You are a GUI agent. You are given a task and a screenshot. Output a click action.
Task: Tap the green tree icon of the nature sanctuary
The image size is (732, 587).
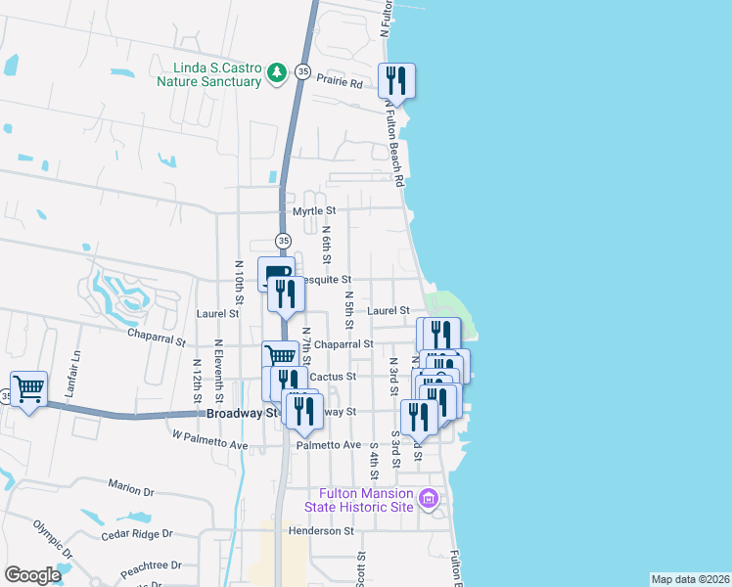point(278,71)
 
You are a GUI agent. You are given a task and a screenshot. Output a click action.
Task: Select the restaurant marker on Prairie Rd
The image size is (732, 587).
point(396,79)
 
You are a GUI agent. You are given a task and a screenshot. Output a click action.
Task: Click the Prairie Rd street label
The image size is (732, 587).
point(339,84)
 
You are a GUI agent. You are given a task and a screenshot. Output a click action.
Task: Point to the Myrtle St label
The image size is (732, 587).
point(314,211)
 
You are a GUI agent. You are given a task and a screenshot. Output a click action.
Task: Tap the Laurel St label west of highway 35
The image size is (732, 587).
point(217,314)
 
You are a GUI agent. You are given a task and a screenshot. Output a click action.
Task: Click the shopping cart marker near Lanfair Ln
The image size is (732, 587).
point(28,388)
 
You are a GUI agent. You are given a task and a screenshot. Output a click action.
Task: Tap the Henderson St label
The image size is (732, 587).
point(321,531)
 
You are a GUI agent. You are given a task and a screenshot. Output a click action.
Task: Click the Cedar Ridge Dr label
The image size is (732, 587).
point(136,535)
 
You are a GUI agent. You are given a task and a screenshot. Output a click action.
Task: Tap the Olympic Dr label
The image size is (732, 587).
point(53,537)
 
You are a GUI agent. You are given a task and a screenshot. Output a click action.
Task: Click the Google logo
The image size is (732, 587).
point(32,575)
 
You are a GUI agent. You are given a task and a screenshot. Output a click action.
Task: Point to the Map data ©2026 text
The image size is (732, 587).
point(689,579)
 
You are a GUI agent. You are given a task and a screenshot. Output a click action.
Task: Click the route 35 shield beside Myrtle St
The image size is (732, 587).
point(284,241)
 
